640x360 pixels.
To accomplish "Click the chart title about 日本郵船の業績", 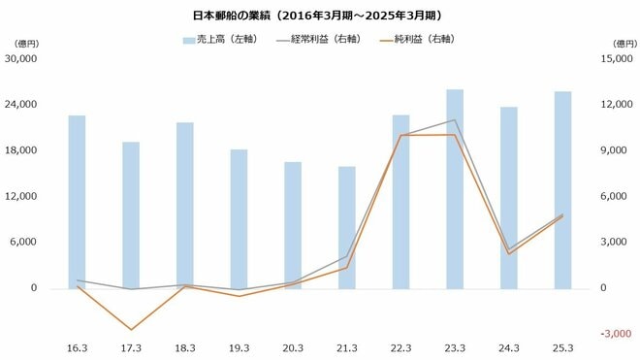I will click(320, 16).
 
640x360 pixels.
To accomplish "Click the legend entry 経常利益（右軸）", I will click(322, 40).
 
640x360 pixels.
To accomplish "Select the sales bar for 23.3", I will click(455, 189).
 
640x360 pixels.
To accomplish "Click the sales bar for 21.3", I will click(346, 227).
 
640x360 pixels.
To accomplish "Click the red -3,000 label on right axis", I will click(615, 334).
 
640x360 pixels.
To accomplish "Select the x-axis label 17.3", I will click(131, 347).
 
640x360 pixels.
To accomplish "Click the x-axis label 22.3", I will click(400, 347).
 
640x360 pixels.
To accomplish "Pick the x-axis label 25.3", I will click(562, 347).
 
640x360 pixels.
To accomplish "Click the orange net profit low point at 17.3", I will click(131, 330).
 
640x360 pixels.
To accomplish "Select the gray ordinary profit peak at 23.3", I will click(455, 120).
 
